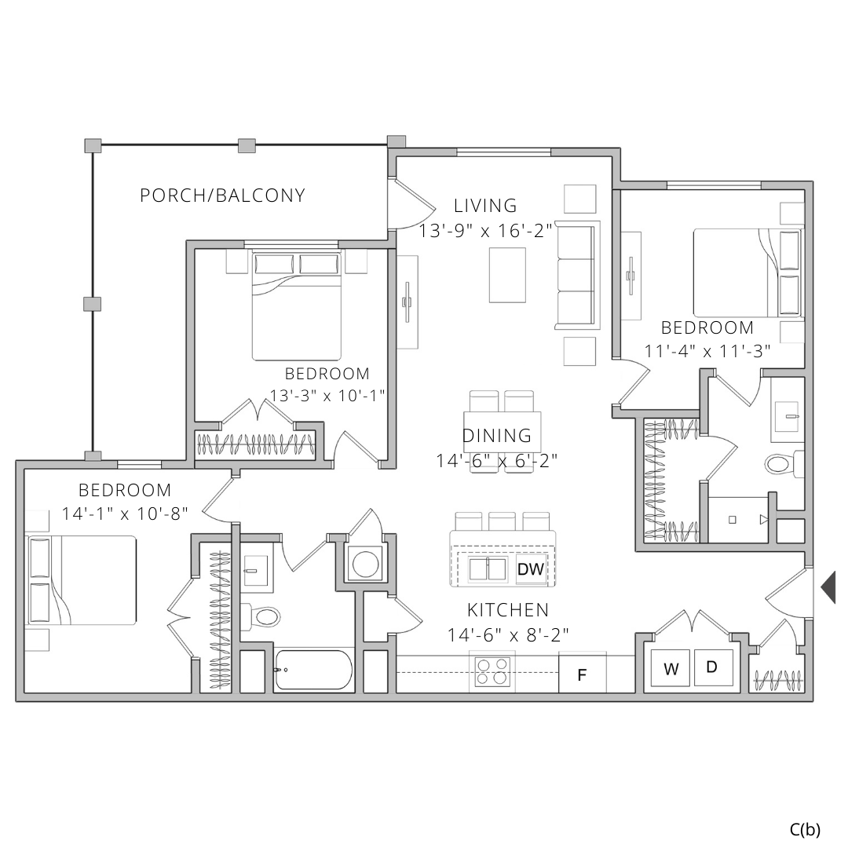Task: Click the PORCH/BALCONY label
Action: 222,196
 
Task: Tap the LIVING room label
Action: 486,206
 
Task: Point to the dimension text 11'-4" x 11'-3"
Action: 707,351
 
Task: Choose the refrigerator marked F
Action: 582,674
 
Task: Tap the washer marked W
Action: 671,670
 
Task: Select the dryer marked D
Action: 712,667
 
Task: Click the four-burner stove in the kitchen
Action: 492,673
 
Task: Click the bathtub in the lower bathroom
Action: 313,670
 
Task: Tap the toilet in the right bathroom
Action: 782,463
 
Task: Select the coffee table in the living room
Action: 507,274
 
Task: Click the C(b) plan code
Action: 805,828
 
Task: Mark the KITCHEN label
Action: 508,610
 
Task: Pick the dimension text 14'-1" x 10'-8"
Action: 125,514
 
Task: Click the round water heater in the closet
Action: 364,564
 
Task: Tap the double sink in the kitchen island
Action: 488,569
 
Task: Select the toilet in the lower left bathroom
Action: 264,616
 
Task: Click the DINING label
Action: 497,436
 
